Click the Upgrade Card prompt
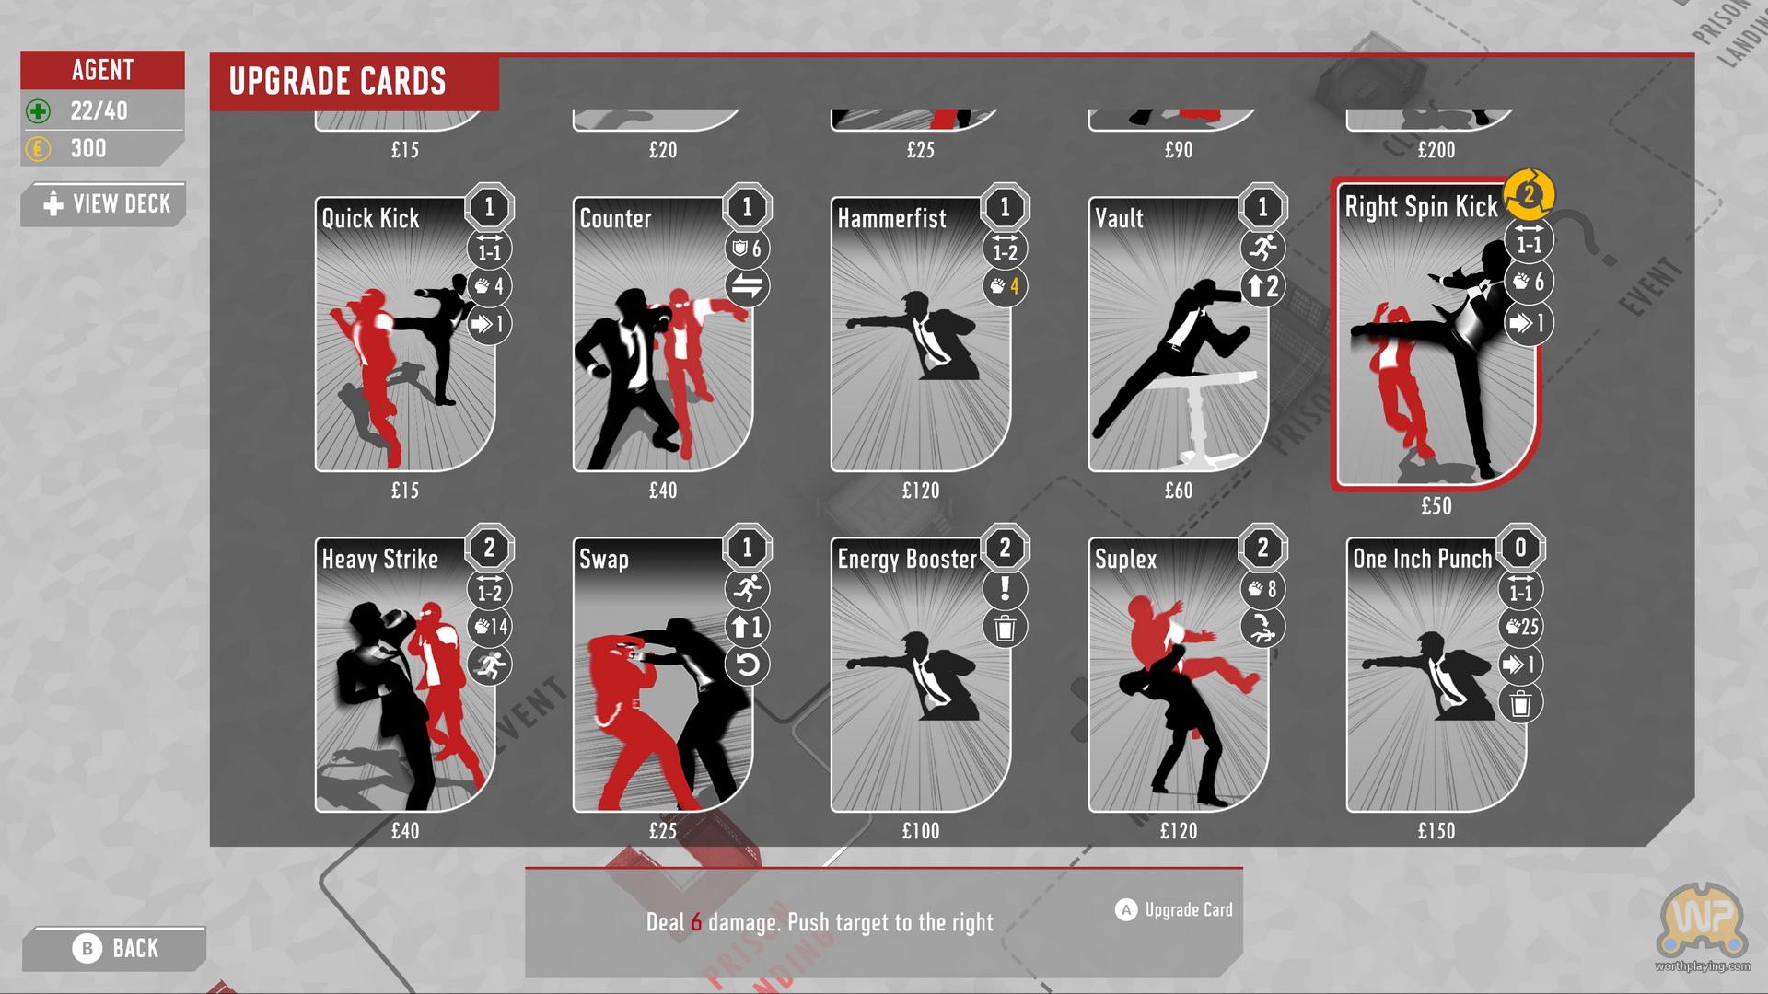[x=1174, y=909]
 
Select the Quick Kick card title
[x=370, y=218]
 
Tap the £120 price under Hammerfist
[x=921, y=491]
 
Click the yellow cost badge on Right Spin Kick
[x=1529, y=194]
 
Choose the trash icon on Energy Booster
[x=1005, y=628]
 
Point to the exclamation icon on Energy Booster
[x=1005, y=588]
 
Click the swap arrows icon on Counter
[x=747, y=286]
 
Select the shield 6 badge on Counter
[x=747, y=248]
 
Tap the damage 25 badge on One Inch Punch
[x=1521, y=627]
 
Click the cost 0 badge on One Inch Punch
[x=1520, y=548]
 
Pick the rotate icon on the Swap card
[x=747, y=665]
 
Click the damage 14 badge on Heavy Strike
[x=490, y=627]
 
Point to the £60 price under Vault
[x=1179, y=491]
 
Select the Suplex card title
[x=1125, y=559]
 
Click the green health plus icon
[x=38, y=111]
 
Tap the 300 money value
[x=88, y=148]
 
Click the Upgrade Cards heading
[x=337, y=81]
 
